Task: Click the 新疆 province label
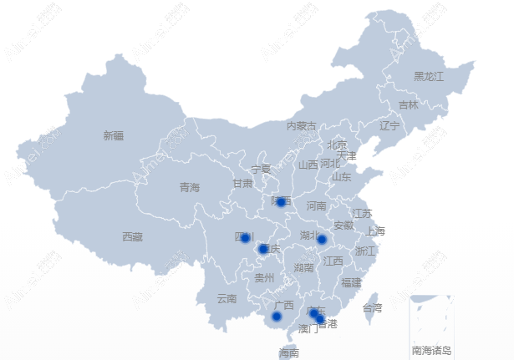pos(114,135)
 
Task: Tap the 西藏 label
pos(132,237)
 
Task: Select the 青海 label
pos(190,188)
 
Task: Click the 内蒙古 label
pos(302,126)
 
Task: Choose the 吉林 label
pos(408,105)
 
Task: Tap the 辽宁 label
pos(389,126)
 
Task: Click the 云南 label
pos(226,298)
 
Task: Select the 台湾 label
pos(372,308)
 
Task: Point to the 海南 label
pos(288,353)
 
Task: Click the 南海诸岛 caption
pos(431,350)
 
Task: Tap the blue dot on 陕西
pos(282,201)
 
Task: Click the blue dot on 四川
pos(245,238)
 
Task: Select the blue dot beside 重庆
pos(263,249)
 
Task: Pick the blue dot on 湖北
pos(322,240)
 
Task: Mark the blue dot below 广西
pos(277,317)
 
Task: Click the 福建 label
pos(351,283)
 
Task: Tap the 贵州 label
pos(264,277)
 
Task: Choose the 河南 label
pos(316,205)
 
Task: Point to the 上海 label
pos(375,231)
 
